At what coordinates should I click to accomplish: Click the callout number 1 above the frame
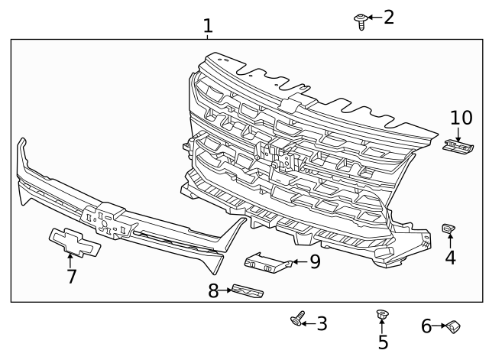coord(207,26)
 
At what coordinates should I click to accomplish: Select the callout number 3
coord(322,323)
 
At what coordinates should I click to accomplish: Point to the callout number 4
coord(450,258)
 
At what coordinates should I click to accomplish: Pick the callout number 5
coord(383,343)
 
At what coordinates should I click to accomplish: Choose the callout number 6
coord(426,326)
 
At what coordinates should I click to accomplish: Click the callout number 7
coord(71,276)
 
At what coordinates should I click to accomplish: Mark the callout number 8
coord(214,290)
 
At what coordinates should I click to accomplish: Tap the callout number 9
coord(314,262)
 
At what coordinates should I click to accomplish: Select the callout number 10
coord(461,118)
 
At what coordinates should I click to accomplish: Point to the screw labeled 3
coord(298,321)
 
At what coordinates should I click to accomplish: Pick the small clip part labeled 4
coord(449,229)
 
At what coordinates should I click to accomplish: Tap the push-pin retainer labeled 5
coord(382,316)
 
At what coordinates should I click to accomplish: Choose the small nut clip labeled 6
coord(454,327)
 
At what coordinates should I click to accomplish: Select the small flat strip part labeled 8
coord(246,291)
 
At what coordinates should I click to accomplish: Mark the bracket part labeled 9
coord(267,262)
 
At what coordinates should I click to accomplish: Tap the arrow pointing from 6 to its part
coord(441,326)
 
